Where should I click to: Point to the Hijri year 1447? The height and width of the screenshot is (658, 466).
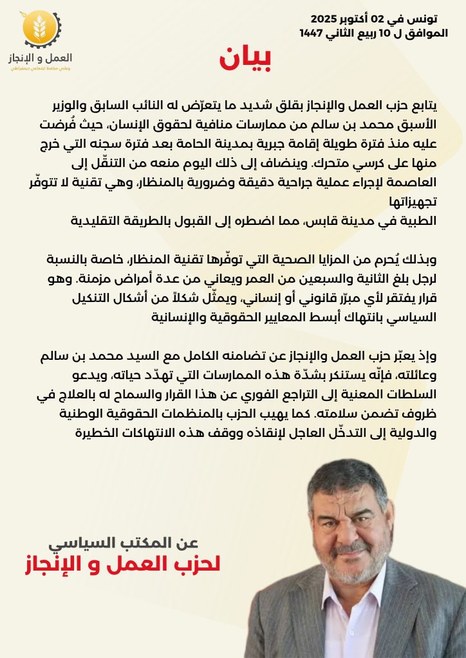314,33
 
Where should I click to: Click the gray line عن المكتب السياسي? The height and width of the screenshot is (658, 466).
138,542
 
